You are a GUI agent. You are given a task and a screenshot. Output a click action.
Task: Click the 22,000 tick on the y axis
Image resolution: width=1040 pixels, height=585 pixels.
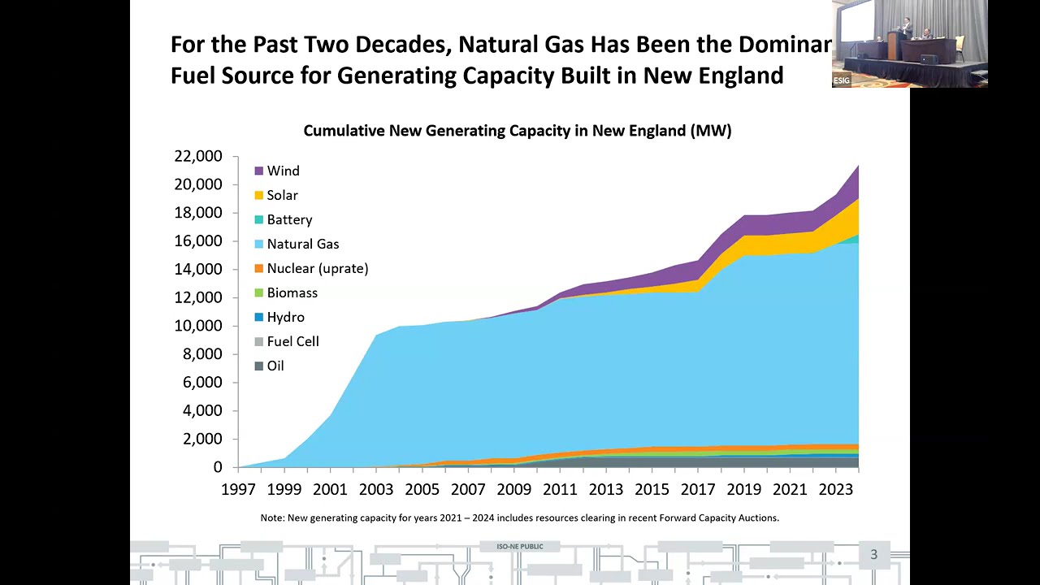[x=198, y=156]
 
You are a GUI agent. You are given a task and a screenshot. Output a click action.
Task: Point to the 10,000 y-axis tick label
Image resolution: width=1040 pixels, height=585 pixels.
[x=198, y=326]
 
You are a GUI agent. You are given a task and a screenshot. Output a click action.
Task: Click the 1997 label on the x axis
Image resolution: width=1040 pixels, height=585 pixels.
[x=237, y=489]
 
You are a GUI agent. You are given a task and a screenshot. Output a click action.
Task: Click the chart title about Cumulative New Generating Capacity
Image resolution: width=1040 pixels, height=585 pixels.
[x=518, y=131]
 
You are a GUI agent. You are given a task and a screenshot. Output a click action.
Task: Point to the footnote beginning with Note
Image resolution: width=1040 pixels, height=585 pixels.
[x=519, y=518]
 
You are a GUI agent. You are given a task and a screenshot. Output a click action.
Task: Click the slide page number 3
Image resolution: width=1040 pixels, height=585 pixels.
[x=874, y=555]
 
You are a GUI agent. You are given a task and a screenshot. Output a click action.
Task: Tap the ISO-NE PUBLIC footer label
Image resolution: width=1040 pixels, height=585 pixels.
[x=520, y=547]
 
